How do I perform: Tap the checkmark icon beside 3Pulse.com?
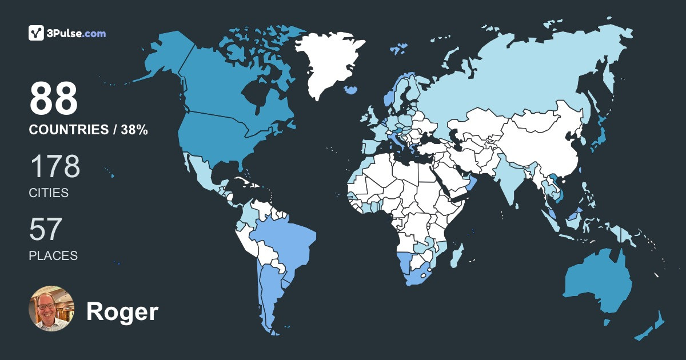tap(37, 33)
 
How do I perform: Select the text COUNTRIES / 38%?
tap(89, 130)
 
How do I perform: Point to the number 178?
tap(54, 166)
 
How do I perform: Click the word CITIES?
tap(49, 193)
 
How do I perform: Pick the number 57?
tap(45, 229)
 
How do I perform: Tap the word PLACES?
tap(53, 255)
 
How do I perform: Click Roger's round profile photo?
tap(51, 309)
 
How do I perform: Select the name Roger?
tap(122, 312)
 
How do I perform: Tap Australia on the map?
tap(597, 283)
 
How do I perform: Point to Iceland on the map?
tap(352, 90)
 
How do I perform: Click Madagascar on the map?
tap(457, 255)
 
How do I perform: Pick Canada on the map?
tap(217, 86)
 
